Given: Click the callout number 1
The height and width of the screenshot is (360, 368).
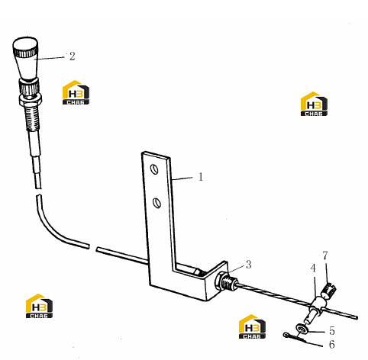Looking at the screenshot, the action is point(201,177).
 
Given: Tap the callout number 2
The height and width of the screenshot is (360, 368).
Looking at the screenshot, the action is point(73,56).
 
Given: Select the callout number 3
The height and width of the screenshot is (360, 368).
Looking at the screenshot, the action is point(248,265).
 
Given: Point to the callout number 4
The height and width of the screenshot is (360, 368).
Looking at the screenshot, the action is point(313,268).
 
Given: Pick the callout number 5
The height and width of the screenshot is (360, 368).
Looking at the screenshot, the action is point(332,331).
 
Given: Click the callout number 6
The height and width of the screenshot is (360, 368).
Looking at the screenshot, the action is point(331,344).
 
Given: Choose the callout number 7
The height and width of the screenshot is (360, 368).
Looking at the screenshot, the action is point(325,256).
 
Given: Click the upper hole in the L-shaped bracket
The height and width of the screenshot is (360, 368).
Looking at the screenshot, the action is point(154,169).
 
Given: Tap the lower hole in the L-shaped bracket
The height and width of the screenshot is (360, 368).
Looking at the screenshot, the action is point(157,203).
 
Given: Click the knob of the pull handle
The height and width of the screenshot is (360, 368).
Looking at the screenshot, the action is point(26,59).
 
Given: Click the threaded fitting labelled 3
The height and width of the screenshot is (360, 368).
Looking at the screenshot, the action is point(226,282).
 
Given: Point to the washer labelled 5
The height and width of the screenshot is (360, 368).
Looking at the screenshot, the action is point(302,329).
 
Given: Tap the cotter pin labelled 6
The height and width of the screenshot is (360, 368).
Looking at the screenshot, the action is point(295,338).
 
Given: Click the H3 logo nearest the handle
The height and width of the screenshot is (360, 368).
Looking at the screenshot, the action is point(76,92).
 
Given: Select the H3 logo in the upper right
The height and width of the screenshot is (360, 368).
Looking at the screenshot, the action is point(314,104).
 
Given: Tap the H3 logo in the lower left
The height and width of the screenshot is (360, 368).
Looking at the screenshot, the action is point(39,306).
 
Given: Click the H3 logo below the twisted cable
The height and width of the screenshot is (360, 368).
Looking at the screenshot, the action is point(252,326).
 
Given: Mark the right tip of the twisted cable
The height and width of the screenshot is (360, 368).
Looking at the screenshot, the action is point(357,317).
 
